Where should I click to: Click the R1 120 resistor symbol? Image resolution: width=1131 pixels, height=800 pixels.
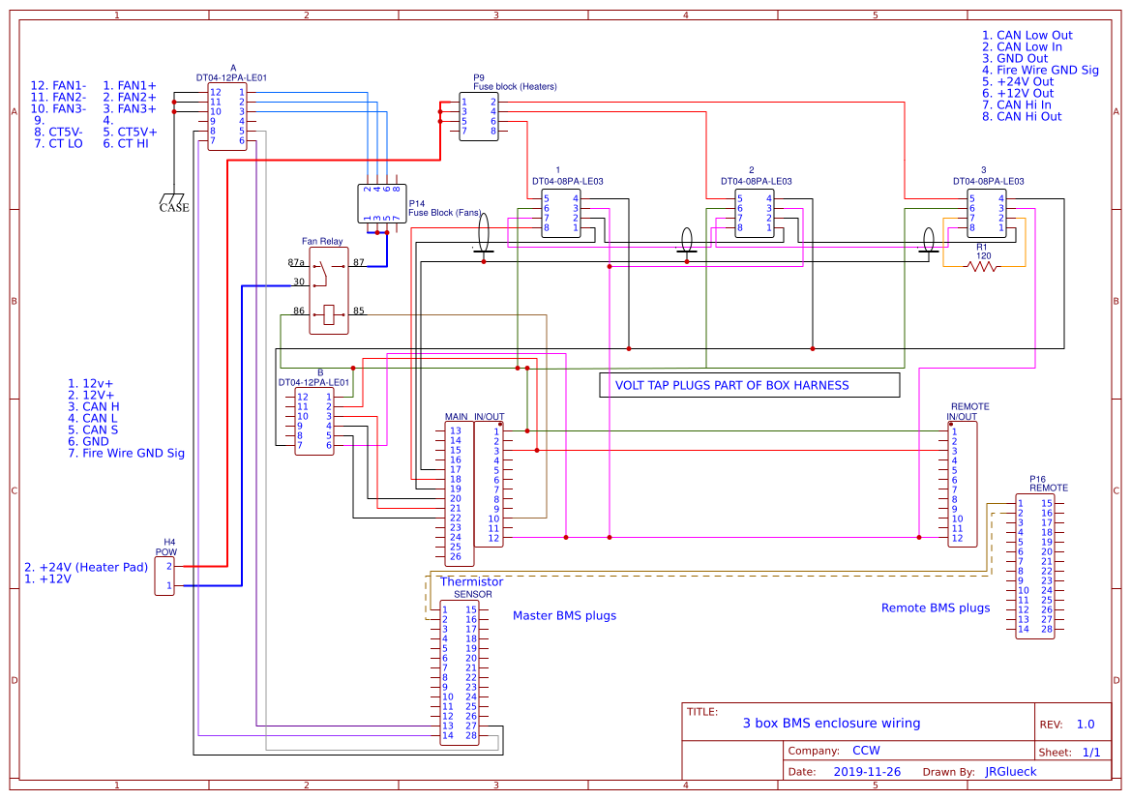[x=982, y=266]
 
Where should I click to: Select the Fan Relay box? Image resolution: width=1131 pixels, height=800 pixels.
[x=328, y=290]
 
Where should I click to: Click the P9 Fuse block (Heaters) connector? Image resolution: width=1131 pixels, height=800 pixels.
[x=479, y=117]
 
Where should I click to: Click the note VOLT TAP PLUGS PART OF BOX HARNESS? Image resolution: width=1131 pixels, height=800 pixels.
[x=731, y=385]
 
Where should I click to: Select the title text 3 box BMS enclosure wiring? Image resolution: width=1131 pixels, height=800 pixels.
[x=831, y=723]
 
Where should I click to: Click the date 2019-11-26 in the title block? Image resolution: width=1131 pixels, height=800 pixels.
[x=866, y=772]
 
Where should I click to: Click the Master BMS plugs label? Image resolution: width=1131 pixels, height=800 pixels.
[x=564, y=615]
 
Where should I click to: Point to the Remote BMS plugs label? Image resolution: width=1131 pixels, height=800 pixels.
[x=935, y=607]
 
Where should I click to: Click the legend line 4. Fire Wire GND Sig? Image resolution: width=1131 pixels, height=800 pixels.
[x=1040, y=70]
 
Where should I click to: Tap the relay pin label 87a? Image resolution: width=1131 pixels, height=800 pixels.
[x=296, y=262]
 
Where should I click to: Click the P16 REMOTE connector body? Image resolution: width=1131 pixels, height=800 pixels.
[x=1034, y=566]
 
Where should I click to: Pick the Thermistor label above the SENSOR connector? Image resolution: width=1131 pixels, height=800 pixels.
[x=471, y=581]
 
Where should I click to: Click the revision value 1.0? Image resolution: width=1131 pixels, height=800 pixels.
[x=1085, y=725]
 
